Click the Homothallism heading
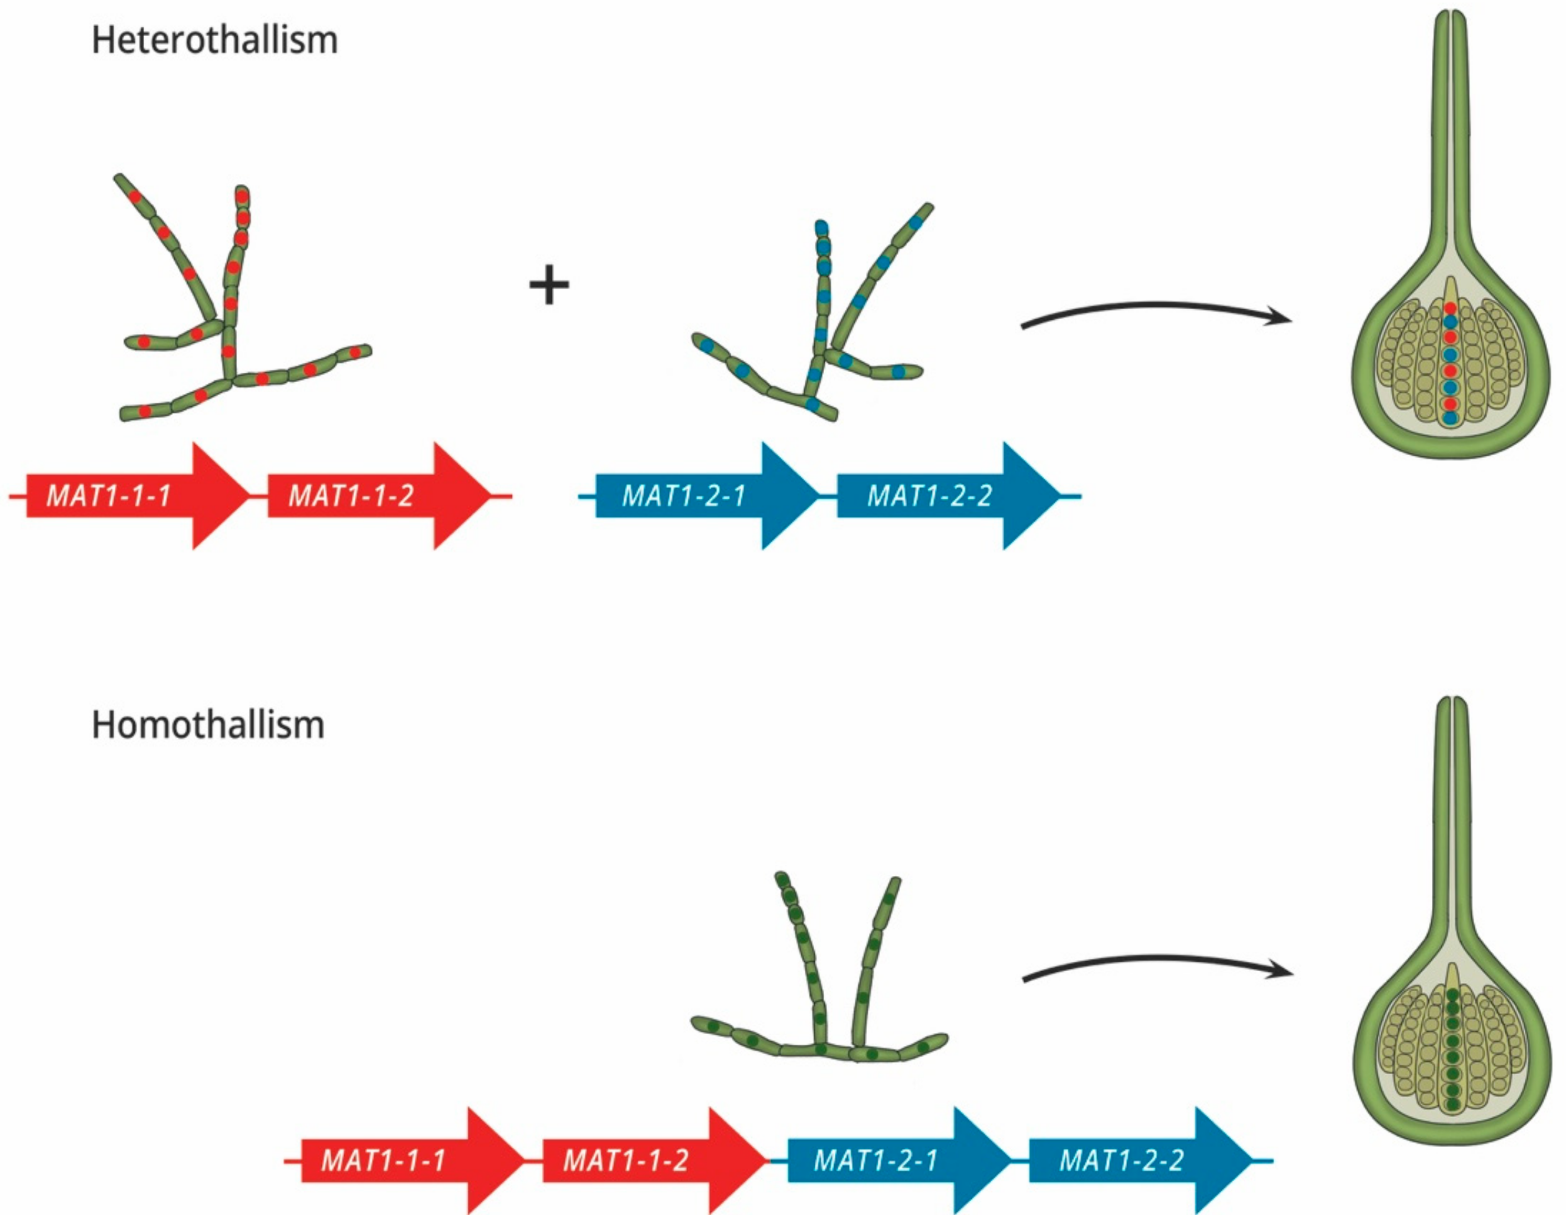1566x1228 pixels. click(x=208, y=725)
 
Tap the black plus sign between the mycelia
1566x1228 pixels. click(x=549, y=285)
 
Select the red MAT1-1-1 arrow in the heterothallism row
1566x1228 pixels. click(x=129, y=496)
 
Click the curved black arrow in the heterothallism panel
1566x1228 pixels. click(x=1150, y=309)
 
